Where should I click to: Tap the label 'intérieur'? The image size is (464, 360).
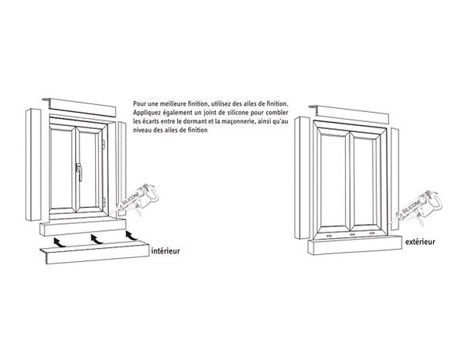pyautogui.click(x=169, y=251)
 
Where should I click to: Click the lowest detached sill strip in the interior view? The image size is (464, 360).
pyautogui.click(x=90, y=250)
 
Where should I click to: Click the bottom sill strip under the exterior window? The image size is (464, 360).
pyautogui.click(x=356, y=246)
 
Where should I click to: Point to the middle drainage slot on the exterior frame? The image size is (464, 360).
pyautogui.click(x=351, y=232)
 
